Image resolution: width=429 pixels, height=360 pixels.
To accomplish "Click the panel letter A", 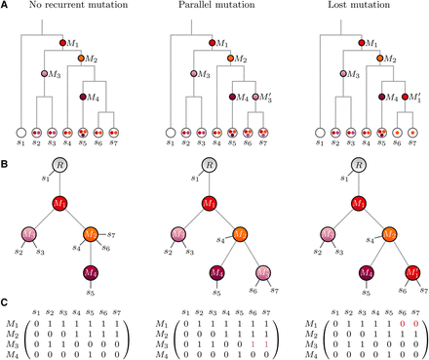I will point(5,6).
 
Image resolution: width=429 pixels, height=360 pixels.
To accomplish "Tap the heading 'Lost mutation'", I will point(356,7).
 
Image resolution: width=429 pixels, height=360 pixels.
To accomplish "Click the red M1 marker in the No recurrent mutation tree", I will point(64,43).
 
